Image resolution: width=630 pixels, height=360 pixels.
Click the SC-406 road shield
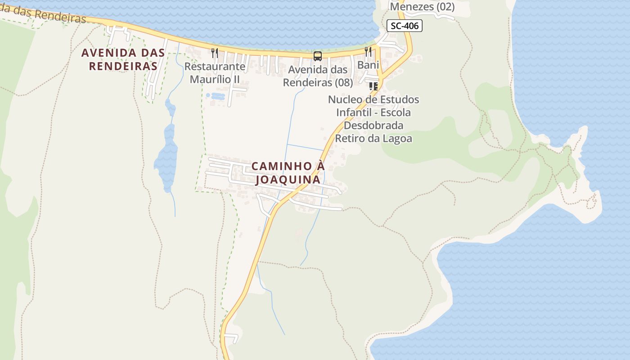click(x=405, y=26)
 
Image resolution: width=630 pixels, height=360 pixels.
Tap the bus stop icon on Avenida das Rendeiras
click(x=318, y=56)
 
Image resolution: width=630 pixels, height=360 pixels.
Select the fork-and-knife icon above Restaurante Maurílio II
click(x=215, y=53)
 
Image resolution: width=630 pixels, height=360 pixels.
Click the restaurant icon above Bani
click(x=368, y=51)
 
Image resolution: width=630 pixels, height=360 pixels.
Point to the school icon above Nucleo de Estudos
click(x=373, y=86)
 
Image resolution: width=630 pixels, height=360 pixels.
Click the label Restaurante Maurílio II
click(x=215, y=73)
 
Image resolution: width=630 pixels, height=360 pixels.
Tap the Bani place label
click(x=368, y=65)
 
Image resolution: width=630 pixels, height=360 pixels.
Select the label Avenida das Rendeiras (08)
click(x=318, y=76)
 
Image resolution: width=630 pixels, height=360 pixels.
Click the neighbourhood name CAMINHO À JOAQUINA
click(x=288, y=173)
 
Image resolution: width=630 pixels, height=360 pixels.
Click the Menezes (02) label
click(x=422, y=7)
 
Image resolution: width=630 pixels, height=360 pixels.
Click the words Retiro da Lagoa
click(x=373, y=139)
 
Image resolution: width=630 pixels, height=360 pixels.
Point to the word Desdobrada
click(x=373, y=125)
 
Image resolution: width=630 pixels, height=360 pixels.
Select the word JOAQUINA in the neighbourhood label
click(x=288, y=180)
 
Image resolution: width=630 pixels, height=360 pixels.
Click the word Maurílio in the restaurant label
click(x=208, y=80)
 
